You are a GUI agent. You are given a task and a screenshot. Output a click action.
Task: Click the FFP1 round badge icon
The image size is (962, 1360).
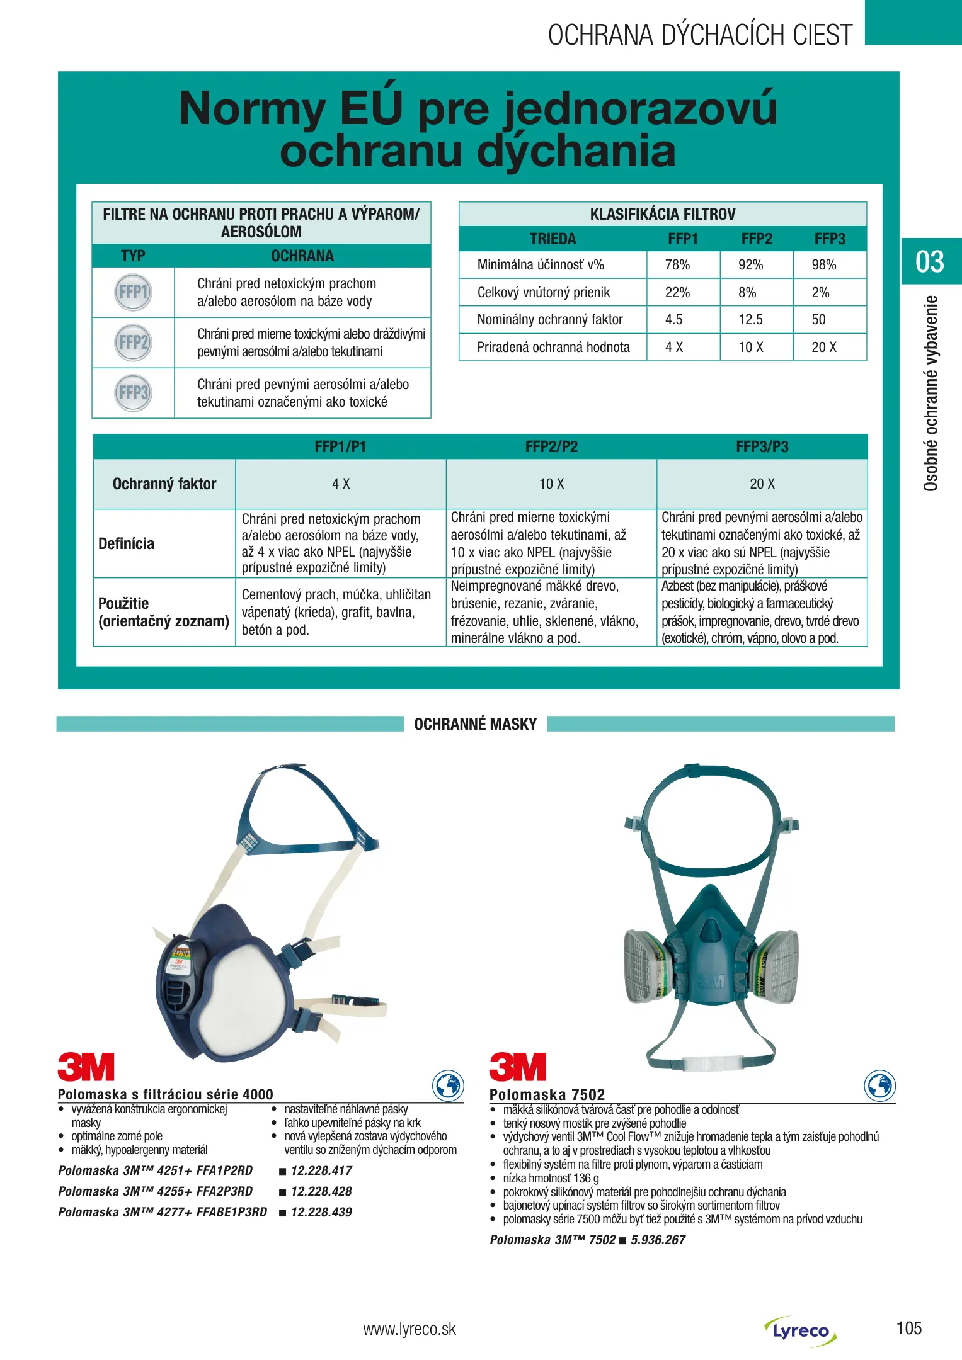point(133,292)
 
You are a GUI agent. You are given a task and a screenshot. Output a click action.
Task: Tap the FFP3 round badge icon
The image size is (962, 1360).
point(133,393)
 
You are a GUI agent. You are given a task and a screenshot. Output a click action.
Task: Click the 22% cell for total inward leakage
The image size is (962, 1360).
point(677,292)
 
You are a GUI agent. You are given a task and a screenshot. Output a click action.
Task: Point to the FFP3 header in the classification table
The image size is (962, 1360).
point(829,239)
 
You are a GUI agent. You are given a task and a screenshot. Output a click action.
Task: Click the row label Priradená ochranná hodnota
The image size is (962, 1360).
point(553,347)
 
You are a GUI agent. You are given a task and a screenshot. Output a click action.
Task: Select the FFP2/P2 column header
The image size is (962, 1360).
point(551,447)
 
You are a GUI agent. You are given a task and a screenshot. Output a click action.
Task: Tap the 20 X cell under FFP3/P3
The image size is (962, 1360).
point(762,484)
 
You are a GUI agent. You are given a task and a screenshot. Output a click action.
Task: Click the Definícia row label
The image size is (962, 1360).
point(127,543)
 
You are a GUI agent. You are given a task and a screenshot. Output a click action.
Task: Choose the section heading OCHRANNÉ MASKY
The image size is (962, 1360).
point(475,724)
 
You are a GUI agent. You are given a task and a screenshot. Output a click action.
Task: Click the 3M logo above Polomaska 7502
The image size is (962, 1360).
point(517,1067)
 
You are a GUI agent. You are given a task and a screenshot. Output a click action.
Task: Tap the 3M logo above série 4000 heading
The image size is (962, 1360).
point(86,1067)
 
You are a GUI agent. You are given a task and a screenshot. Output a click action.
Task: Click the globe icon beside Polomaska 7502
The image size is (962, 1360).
point(879,1085)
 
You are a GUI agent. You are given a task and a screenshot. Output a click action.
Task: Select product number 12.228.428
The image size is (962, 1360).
point(321,1191)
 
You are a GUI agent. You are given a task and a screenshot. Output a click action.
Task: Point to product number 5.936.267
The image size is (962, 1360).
point(658,1240)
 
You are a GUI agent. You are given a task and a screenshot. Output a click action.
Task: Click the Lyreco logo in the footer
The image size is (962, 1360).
point(801,1330)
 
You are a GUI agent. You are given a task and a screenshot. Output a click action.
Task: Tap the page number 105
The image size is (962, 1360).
point(908,1329)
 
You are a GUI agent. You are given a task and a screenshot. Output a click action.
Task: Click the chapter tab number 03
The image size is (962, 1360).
point(930,261)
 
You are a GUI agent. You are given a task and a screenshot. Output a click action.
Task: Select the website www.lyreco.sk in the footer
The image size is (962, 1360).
point(409,1329)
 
